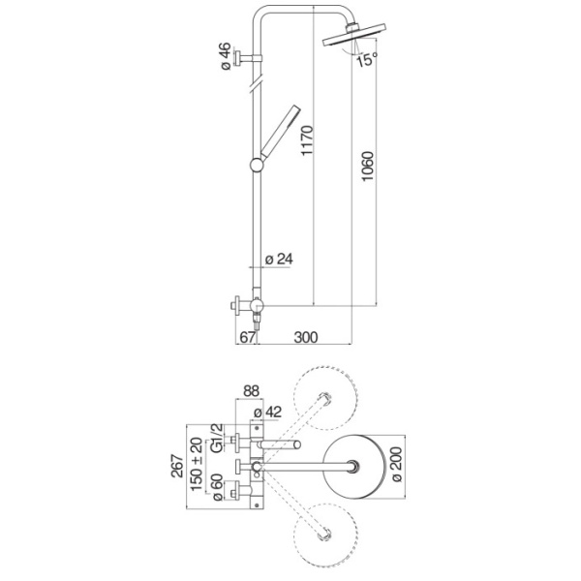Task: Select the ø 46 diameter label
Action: (x=224, y=58)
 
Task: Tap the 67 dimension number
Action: (x=247, y=337)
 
